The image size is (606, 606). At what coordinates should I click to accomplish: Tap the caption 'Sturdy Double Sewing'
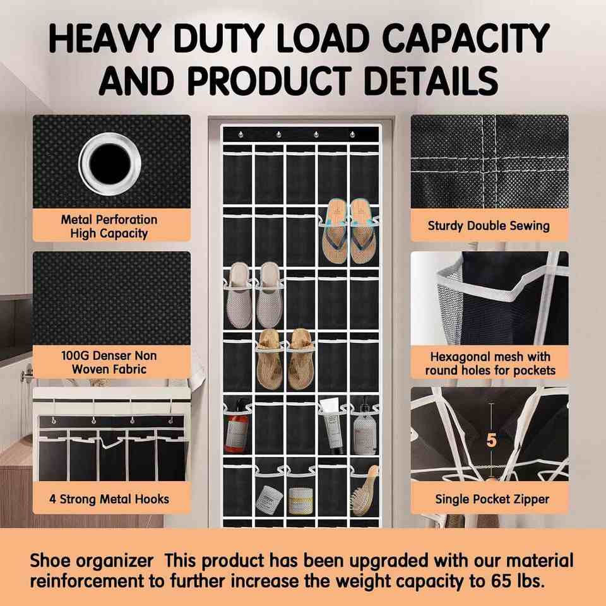[x=489, y=226]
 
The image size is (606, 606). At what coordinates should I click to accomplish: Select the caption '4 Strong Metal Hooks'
[x=109, y=499]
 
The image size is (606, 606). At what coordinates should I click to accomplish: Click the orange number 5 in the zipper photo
[x=491, y=440]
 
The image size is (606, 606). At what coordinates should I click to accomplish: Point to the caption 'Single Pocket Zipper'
[x=492, y=499]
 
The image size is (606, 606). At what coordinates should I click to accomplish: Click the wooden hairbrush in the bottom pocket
[x=365, y=491]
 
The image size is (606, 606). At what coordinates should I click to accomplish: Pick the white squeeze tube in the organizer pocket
[x=331, y=425]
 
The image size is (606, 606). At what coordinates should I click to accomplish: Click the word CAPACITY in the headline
[x=466, y=38]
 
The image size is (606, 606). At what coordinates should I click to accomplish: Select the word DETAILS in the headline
[x=431, y=80]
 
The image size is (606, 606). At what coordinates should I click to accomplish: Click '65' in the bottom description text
[x=503, y=581]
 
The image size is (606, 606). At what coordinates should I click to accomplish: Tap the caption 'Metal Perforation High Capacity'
[x=109, y=227]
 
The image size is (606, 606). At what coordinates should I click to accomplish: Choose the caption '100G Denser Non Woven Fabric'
[x=109, y=362]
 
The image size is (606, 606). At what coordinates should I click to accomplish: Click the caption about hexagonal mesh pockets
[x=490, y=364]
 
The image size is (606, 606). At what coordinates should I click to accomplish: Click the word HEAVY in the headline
[x=105, y=38]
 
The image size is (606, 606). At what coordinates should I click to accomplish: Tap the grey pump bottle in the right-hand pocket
[x=364, y=429]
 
